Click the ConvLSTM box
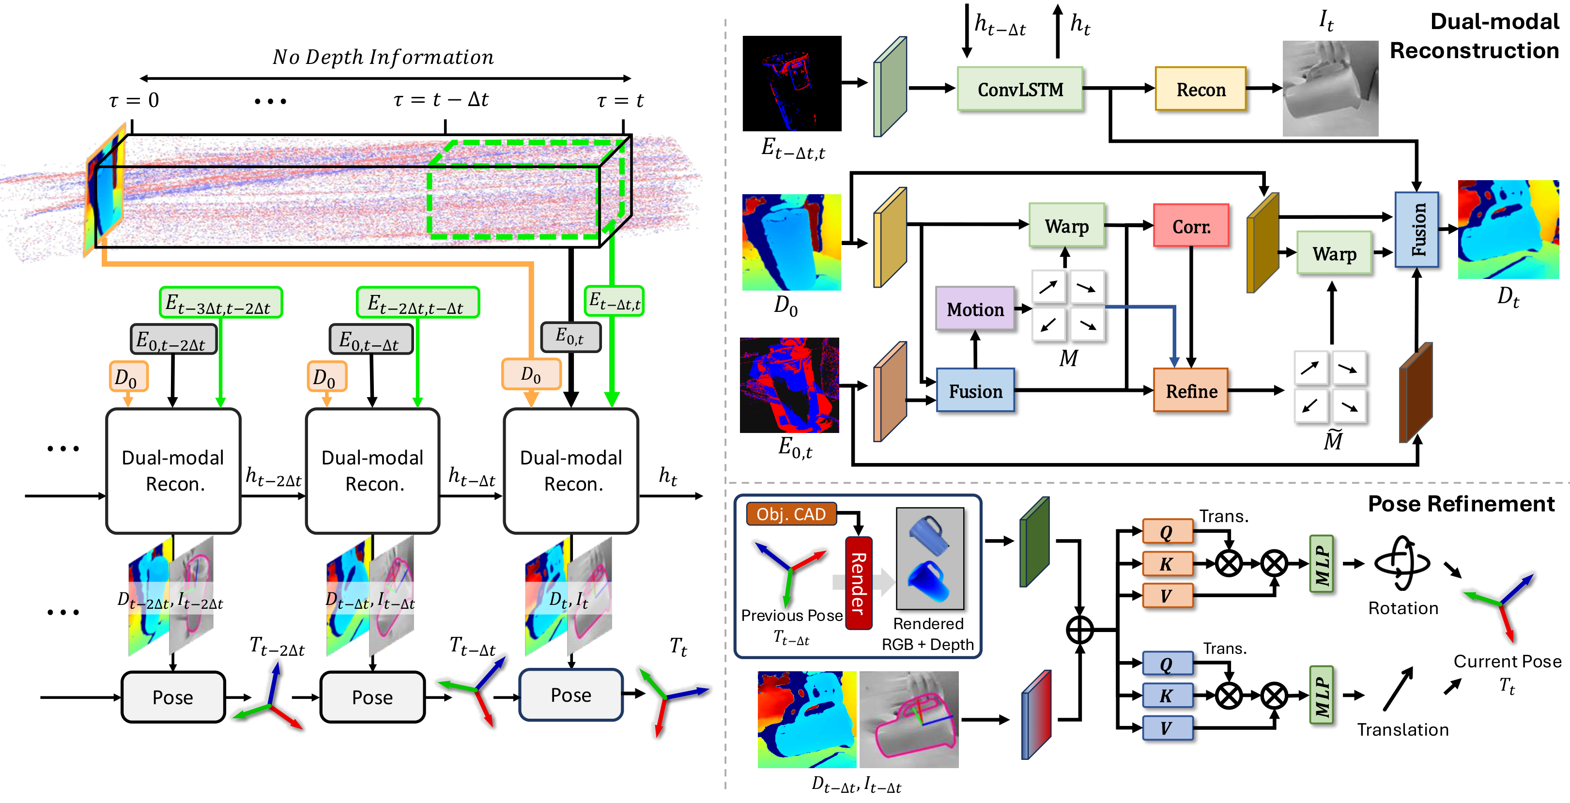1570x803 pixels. [1020, 89]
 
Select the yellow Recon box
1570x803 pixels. [1200, 89]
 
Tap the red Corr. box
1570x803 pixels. [1190, 226]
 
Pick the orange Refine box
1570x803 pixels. [1190, 391]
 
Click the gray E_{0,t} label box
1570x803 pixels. [570, 337]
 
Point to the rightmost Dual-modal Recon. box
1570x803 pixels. [571, 471]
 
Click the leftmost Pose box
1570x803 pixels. [173, 697]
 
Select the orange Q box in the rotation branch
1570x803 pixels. [1167, 532]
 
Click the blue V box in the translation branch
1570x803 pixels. [1167, 728]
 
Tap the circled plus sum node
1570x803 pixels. [1079, 630]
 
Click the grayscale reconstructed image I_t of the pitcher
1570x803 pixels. [1330, 89]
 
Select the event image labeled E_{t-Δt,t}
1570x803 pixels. [792, 83]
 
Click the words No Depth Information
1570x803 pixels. [383, 57]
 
